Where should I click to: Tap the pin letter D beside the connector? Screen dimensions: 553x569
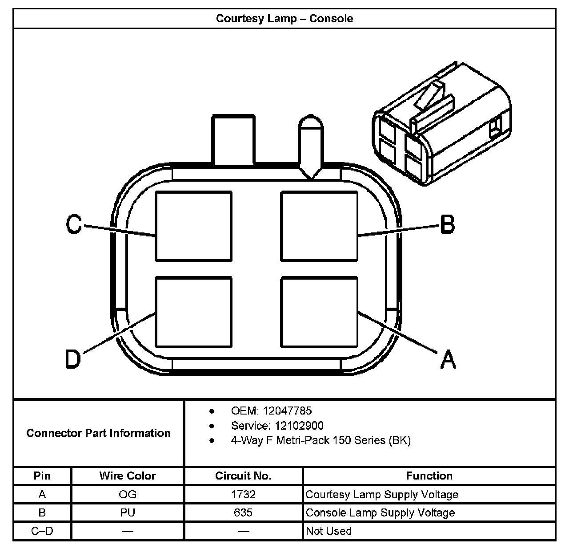[x=73, y=358]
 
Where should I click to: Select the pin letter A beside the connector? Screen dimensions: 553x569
[x=448, y=359]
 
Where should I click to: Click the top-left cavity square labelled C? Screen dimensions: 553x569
[x=193, y=226]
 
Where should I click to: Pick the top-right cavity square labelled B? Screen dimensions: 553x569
[x=319, y=226]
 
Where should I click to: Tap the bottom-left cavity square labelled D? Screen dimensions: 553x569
[x=193, y=312]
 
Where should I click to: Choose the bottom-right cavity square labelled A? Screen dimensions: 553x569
[x=319, y=312]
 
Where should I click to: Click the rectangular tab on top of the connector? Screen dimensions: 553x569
[x=234, y=140]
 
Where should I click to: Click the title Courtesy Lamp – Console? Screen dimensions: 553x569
[x=284, y=19]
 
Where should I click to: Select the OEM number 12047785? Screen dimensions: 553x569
[x=287, y=411]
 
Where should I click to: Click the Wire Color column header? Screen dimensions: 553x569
[x=128, y=476]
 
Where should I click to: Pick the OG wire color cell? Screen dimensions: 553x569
[x=128, y=495]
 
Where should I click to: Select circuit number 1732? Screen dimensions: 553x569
[x=243, y=495]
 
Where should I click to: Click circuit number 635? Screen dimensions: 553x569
[x=243, y=513]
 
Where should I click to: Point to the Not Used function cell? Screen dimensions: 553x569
[x=329, y=531]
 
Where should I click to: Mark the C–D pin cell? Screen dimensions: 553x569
[x=42, y=531]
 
